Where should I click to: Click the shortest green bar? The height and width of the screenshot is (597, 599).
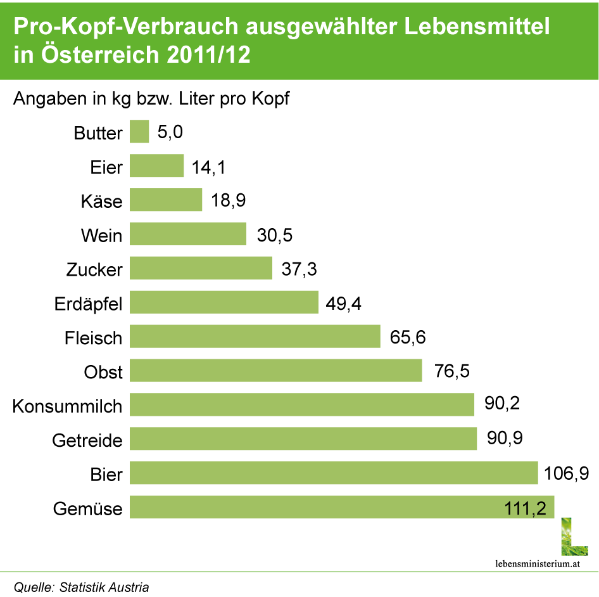pyautogui.click(x=139, y=132)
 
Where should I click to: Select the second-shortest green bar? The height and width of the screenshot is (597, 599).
pyautogui.click(x=157, y=166)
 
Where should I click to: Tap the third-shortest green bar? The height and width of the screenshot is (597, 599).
pyautogui.click(x=166, y=200)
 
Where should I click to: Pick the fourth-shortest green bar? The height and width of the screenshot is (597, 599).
pyautogui.click(x=188, y=234)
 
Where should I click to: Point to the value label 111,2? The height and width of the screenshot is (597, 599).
pyautogui.click(x=526, y=508)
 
